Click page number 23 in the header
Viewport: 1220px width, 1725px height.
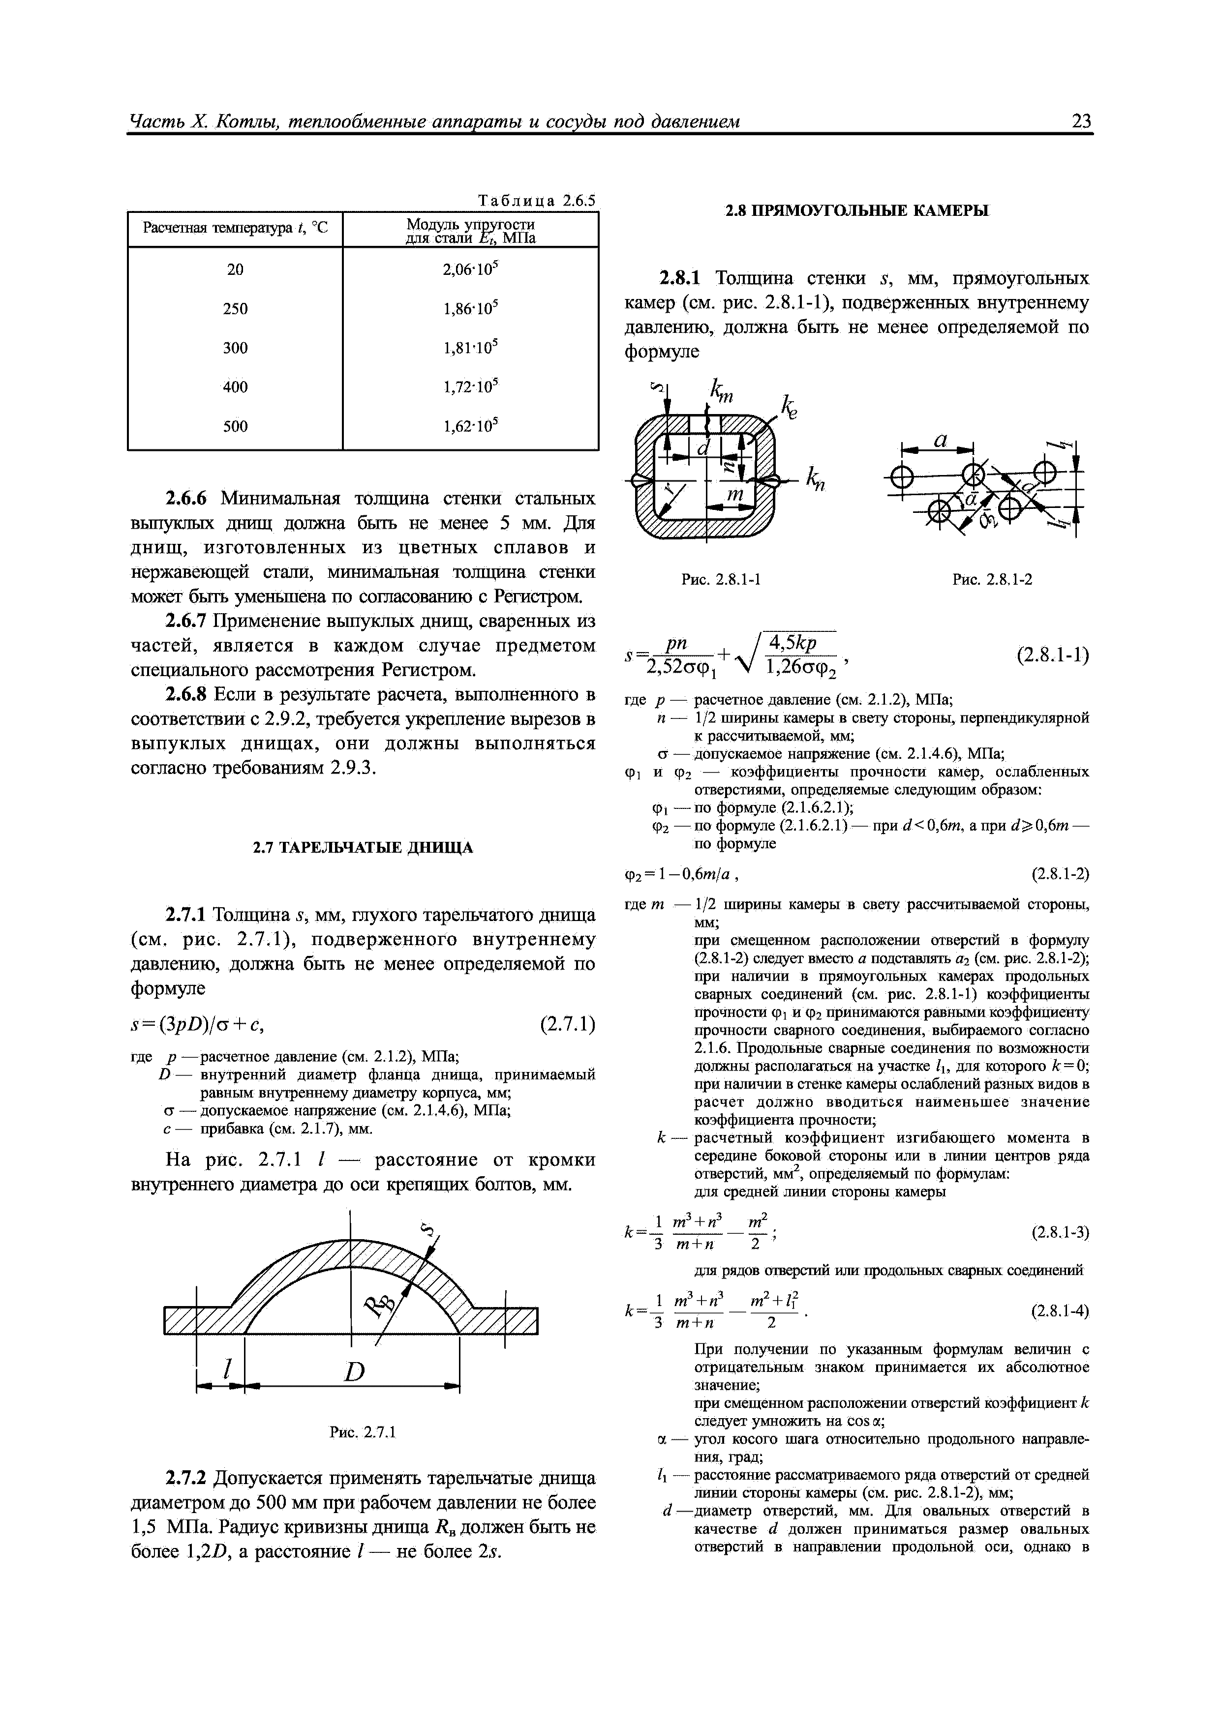click(x=1081, y=121)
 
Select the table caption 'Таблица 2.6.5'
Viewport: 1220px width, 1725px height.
click(x=536, y=201)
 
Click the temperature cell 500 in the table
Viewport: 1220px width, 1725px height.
click(x=235, y=426)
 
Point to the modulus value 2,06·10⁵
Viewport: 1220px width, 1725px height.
click(x=471, y=269)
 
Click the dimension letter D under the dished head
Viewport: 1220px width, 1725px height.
click(x=353, y=1372)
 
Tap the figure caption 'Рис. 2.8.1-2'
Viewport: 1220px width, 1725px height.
click(x=991, y=579)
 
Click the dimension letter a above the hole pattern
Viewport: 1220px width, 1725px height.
click(x=939, y=442)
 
